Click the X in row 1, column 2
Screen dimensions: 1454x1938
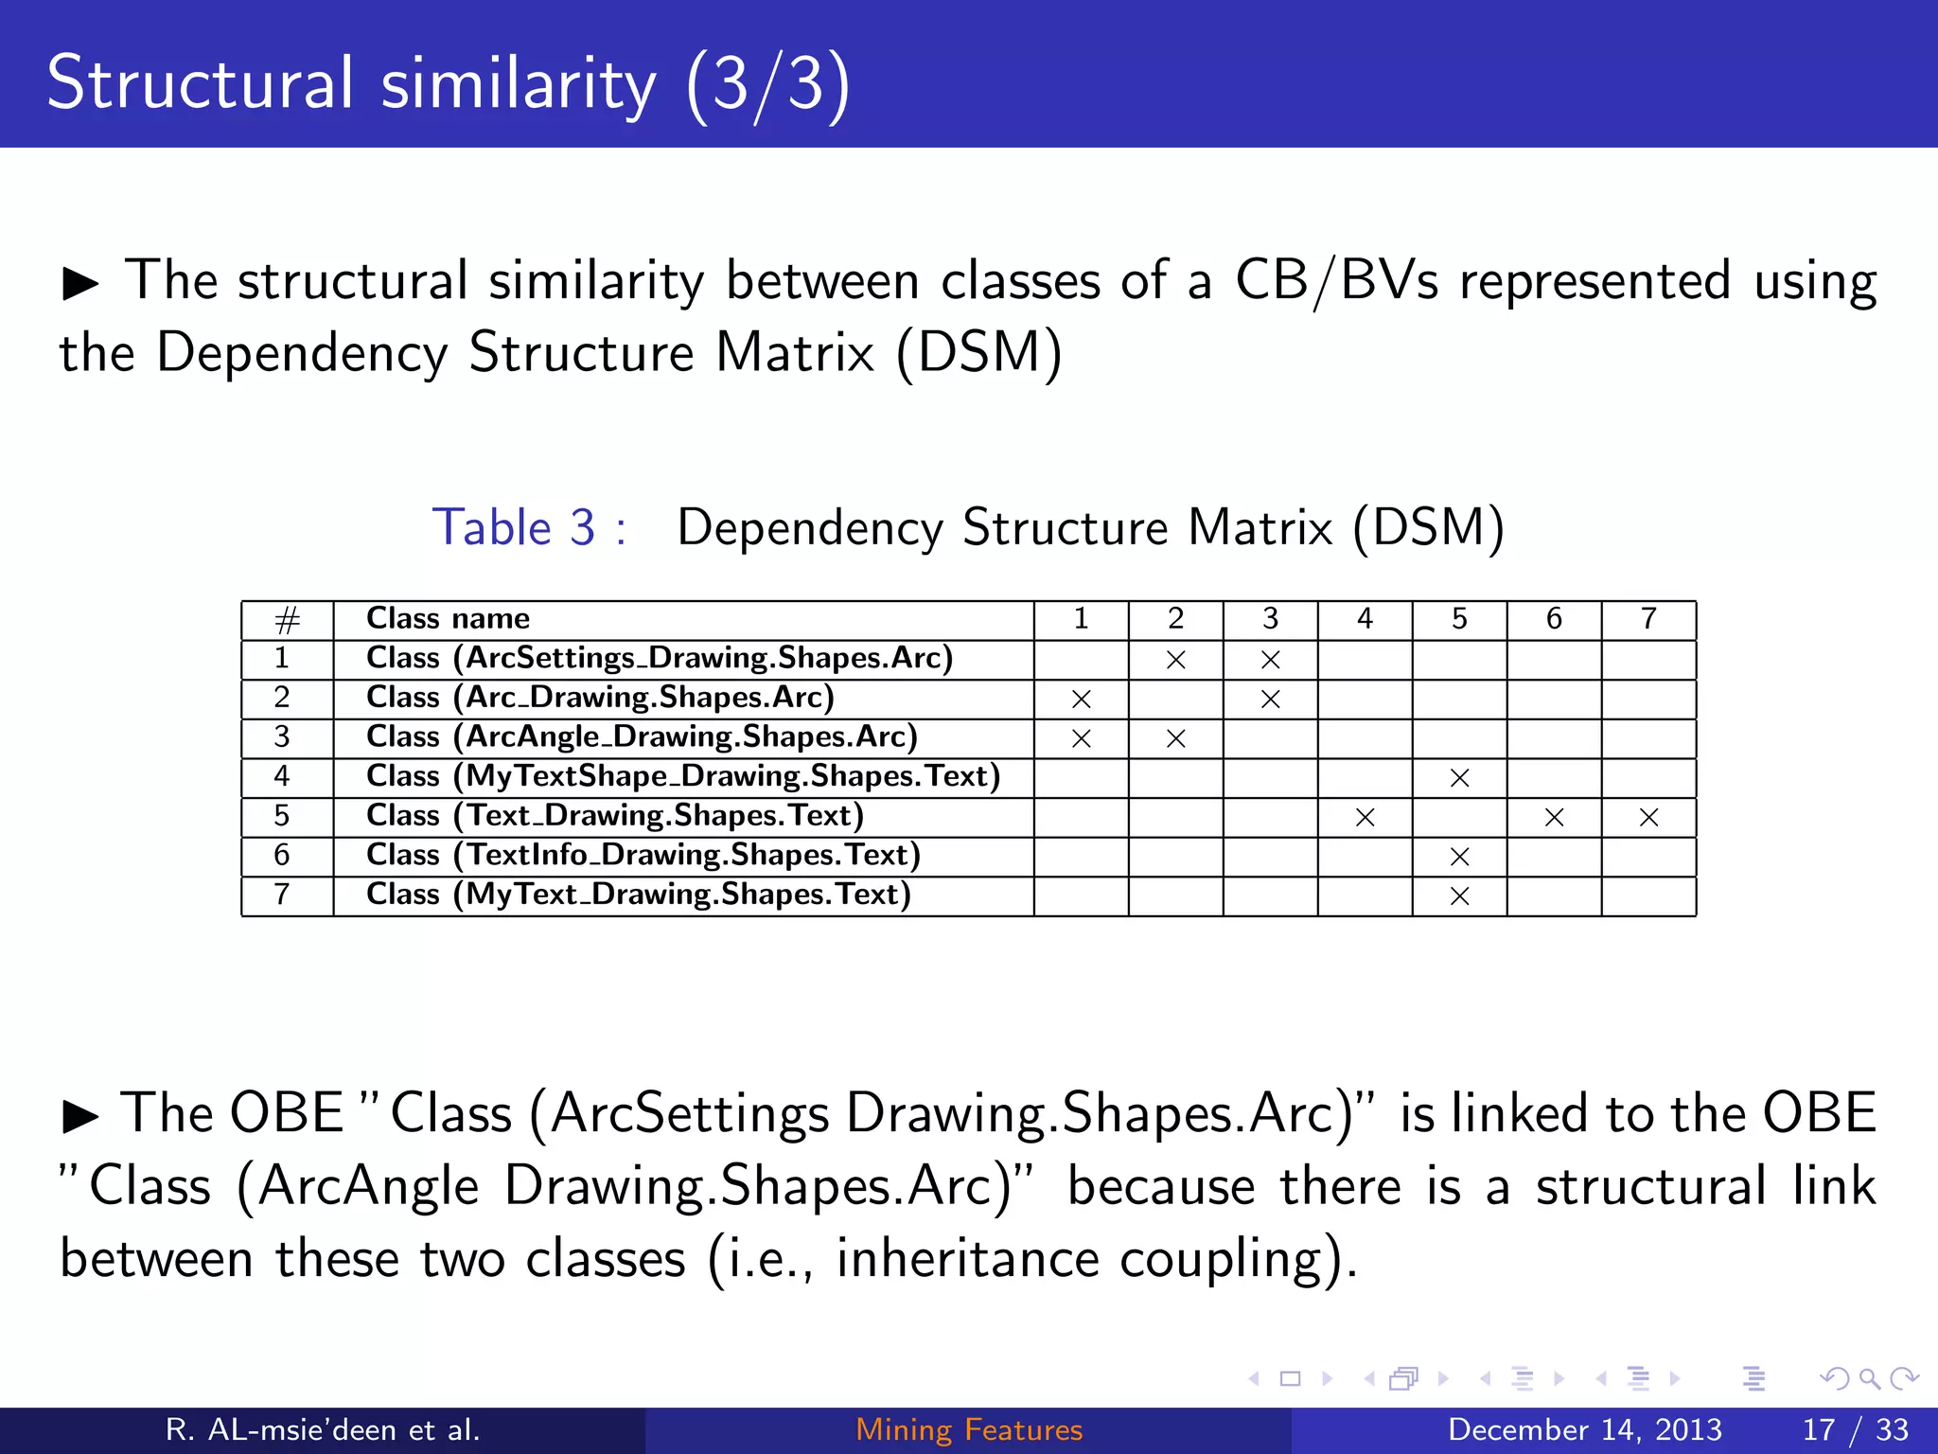coord(1175,660)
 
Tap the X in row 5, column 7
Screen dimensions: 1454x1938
coord(1648,817)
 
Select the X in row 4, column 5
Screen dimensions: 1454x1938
coord(1459,778)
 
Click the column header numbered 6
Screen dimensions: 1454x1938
coord(1554,619)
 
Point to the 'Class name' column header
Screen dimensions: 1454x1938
coord(448,619)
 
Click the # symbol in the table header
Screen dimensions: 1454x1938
coord(287,621)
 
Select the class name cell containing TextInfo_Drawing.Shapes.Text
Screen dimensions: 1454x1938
coord(643,856)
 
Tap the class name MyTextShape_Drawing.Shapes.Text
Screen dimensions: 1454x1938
coord(683,776)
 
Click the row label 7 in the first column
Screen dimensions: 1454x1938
coord(282,895)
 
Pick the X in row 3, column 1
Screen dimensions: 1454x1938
coord(1081,738)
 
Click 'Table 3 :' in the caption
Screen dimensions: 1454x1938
coord(529,527)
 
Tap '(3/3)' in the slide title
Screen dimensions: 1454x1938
coord(767,84)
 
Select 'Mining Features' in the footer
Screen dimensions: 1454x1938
coord(969,1429)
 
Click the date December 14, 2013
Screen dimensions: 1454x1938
coord(1585,1429)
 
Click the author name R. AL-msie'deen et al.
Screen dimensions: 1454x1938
coord(323,1429)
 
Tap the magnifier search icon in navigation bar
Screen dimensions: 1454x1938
coord(1869,1378)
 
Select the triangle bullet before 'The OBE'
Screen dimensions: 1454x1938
coord(80,1116)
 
